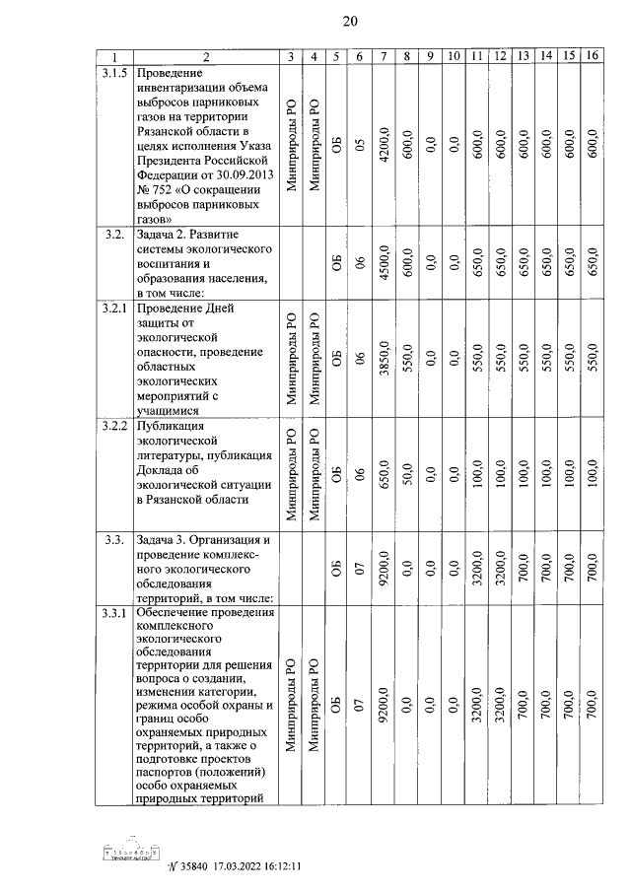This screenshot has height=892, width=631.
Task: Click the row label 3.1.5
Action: click(x=112, y=73)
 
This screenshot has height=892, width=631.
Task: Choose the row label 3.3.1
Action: click(x=112, y=616)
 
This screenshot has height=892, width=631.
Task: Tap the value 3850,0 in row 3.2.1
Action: click(x=383, y=360)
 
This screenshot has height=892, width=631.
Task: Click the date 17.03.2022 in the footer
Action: click(x=235, y=867)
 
